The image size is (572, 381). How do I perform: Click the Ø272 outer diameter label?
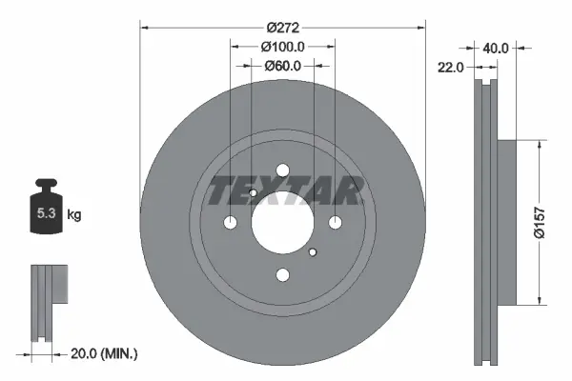282,28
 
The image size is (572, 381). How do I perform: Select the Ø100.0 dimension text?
282,47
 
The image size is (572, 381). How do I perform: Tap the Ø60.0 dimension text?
282,66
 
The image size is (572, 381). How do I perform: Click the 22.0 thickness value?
452,67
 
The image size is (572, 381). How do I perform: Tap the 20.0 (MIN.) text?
106,353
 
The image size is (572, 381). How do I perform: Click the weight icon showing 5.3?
45,211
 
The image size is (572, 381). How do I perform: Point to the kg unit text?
74,215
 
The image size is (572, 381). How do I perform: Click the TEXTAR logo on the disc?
284,191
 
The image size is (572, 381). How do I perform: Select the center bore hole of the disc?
282,223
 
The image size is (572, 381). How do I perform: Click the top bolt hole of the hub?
282,170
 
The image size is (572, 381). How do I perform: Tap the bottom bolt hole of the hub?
282,275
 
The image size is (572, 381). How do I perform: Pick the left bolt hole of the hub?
230,223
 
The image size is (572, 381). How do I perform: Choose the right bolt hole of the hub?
335,223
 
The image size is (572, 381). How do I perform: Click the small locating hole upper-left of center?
254,194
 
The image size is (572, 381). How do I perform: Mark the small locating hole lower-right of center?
312,252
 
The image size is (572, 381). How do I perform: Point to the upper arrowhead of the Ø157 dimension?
541,145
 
